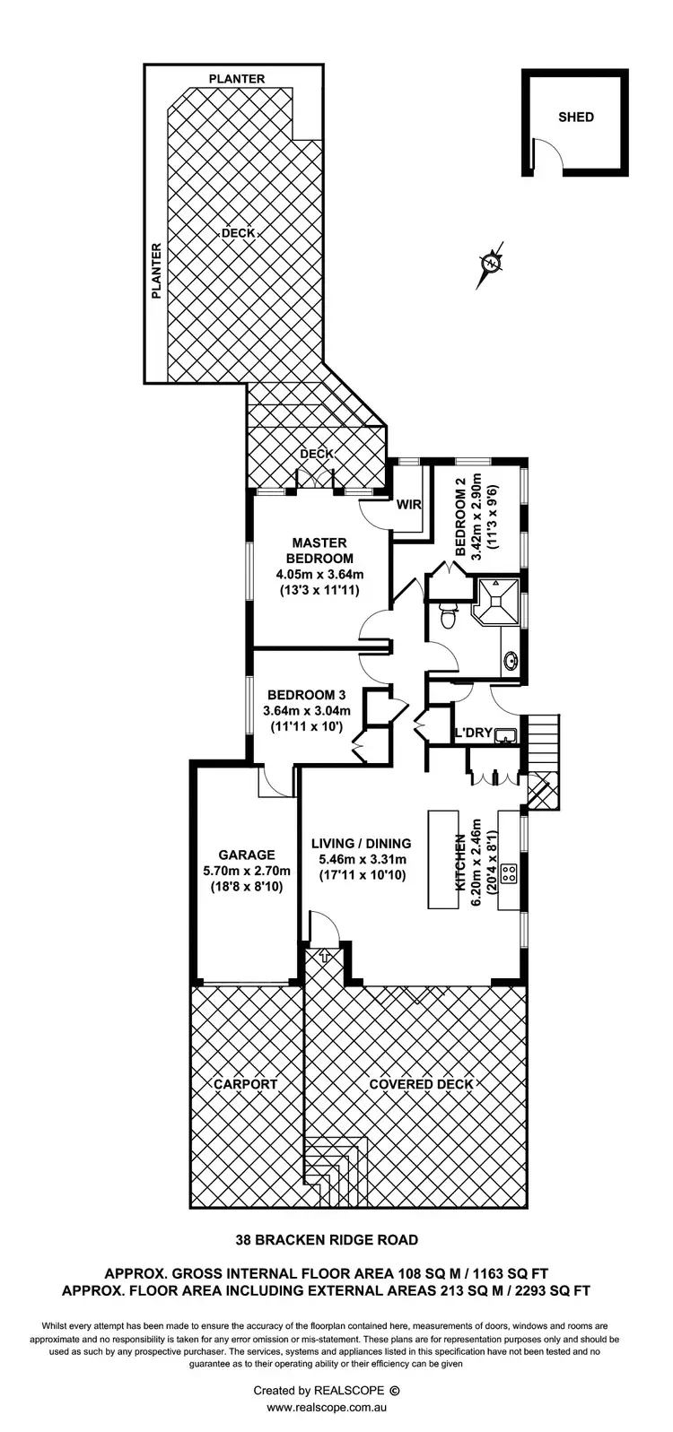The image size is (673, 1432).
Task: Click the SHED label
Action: [x=576, y=117]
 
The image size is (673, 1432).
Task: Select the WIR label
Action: [x=409, y=505]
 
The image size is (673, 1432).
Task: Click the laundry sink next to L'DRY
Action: [x=507, y=735]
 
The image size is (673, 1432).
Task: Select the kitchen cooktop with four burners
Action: [x=510, y=874]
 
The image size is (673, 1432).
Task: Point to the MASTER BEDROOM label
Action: [x=319, y=550]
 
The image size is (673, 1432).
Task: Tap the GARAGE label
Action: [x=246, y=855]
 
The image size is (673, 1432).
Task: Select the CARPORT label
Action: [x=246, y=1084]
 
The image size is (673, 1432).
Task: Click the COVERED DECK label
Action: [x=421, y=1084]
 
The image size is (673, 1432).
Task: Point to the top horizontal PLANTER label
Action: [x=237, y=79]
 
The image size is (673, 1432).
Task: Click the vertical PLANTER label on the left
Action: [x=156, y=270]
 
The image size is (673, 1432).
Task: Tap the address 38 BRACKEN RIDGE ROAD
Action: [x=327, y=1240]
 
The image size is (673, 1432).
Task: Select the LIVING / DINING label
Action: [x=361, y=843]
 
